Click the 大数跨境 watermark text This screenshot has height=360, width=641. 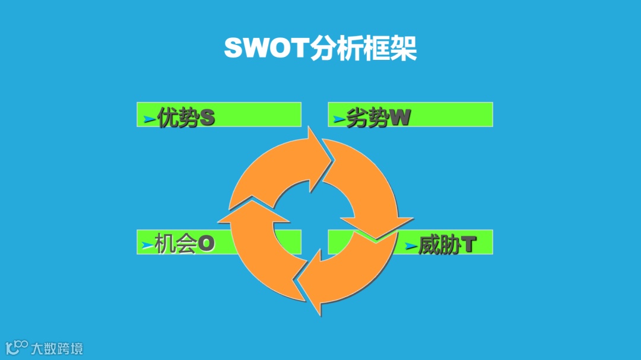coord(57,348)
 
